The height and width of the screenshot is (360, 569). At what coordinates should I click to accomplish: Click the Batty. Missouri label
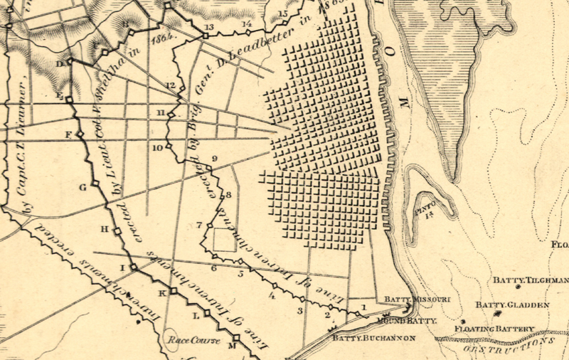coord(417,300)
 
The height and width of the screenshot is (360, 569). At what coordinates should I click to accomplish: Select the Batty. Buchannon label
coord(363,339)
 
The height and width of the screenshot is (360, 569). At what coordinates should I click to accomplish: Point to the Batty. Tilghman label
coord(529,281)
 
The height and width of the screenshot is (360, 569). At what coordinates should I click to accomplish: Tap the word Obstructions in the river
coord(506,345)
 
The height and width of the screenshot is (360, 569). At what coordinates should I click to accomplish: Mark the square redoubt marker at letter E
coord(69,100)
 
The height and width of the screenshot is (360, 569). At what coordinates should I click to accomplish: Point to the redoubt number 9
coord(213,159)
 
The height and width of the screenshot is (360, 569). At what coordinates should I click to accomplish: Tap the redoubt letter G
coord(83,187)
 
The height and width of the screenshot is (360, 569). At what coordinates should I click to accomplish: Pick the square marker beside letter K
coord(173,292)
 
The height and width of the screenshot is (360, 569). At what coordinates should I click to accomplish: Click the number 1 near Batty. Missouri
coord(364,307)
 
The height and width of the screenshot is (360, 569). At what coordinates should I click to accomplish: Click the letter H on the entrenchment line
coord(104,229)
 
